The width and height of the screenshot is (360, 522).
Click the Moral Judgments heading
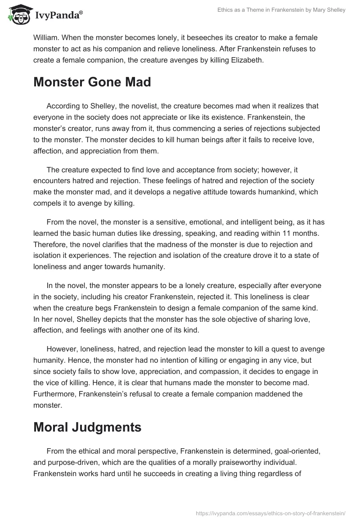[87, 427]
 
